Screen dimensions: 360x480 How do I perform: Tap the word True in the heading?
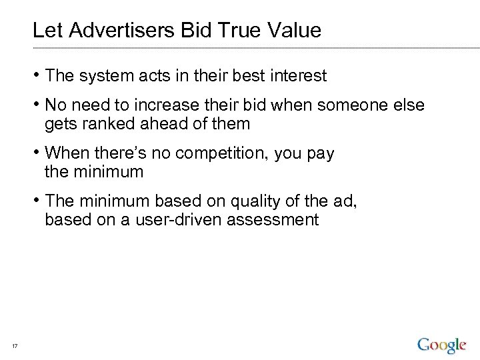235,30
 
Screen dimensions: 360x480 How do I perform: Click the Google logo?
441,345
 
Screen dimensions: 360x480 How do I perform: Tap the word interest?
298,76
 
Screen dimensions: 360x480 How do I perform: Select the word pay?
320,153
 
